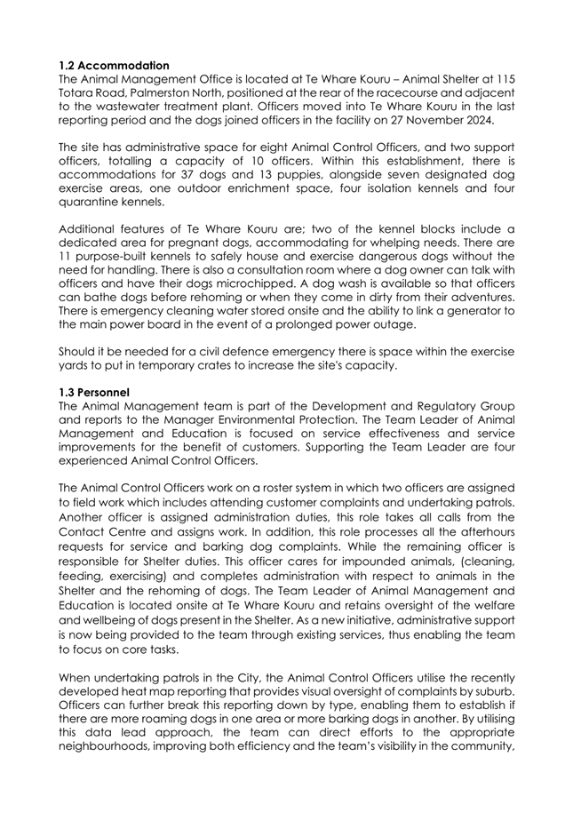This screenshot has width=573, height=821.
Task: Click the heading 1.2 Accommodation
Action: (x=113, y=65)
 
